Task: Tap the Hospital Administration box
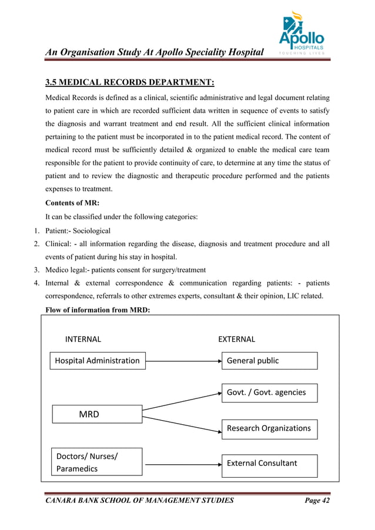point(97,361)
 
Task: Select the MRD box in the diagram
point(97,414)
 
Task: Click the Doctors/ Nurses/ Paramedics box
point(97,462)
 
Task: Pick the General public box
point(269,361)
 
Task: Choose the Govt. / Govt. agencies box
point(269,393)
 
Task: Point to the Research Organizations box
point(269,428)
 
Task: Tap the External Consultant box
point(269,463)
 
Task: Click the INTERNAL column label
point(83,339)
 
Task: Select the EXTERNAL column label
point(236,339)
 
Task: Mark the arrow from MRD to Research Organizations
point(182,424)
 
